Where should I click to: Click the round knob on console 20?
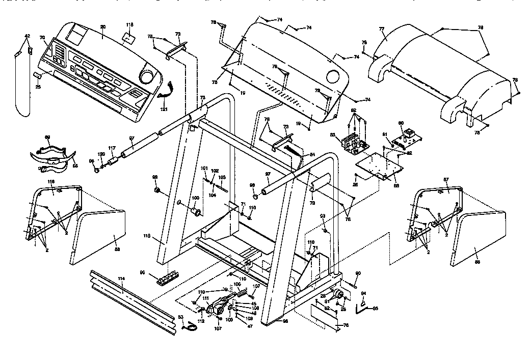click(x=146, y=76)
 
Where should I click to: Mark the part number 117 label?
click(x=112, y=148)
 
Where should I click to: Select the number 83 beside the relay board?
click(x=332, y=135)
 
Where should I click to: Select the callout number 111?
click(x=205, y=298)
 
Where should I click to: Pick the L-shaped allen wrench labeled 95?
click(x=363, y=306)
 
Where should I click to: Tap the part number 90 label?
click(x=358, y=273)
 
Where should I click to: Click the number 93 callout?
click(x=323, y=216)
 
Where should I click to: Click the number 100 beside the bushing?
click(x=195, y=198)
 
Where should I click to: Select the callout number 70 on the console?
click(x=42, y=38)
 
